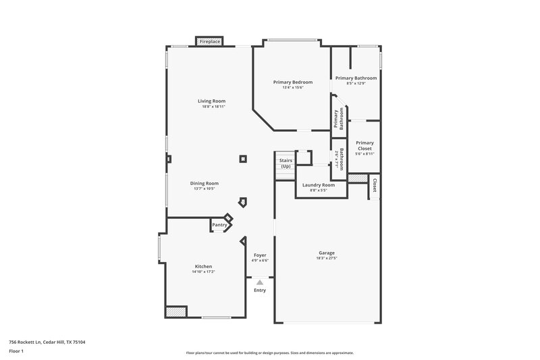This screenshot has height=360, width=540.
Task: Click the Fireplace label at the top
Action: tap(209, 42)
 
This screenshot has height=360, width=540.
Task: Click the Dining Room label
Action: tap(206, 183)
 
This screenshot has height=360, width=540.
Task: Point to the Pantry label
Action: tap(219, 225)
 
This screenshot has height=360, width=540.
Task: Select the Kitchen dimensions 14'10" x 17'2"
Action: tap(203, 272)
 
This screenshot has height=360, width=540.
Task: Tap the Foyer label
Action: tap(260, 255)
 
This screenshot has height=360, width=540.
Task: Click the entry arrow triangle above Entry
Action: tap(260, 282)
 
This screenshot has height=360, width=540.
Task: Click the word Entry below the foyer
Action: tap(260, 290)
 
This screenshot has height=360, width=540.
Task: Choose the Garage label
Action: tap(327, 253)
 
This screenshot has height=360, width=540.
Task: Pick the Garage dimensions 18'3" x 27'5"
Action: tap(327, 258)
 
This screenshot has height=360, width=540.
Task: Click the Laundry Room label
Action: tap(318, 185)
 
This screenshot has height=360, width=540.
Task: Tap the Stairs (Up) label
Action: tap(286, 163)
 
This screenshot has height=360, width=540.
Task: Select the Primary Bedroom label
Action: tap(292, 82)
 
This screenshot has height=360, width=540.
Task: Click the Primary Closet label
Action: tap(364, 145)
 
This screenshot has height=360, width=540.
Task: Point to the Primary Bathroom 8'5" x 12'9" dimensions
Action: tap(356, 84)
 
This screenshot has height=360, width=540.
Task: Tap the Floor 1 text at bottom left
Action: tap(16, 352)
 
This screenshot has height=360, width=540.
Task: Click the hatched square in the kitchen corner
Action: tap(175, 311)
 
